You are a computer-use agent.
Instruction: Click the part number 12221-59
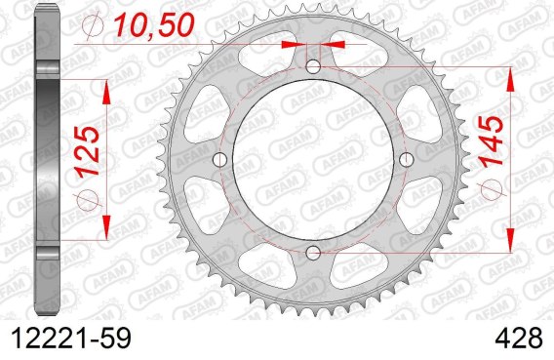[x=71, y=339]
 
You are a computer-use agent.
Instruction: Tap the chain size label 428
[x=519, y=339]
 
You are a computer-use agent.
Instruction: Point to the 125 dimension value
[x=87, y=151]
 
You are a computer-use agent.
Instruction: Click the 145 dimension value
[x=492, y=141]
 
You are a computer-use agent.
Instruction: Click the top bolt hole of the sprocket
[x=313, y=66]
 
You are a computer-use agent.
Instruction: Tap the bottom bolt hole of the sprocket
[x=313, y=253]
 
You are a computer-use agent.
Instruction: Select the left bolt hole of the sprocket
[x=219, y=160]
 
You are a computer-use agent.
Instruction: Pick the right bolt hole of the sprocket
[x=407, y=160]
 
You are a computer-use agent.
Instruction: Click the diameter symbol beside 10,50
[x=93, y=25]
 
